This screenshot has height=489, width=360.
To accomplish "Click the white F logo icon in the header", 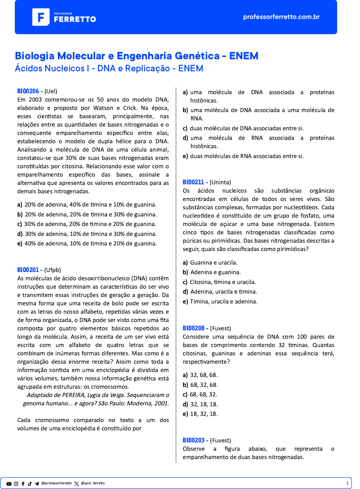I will tap(41, 17).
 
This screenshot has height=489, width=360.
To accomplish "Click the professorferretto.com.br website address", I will tap(281, 17).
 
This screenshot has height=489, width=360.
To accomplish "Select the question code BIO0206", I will tap(28, 91).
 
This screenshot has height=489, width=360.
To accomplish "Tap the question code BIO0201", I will tap(28, 270).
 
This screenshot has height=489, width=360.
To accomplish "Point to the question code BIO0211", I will tap(193, 182).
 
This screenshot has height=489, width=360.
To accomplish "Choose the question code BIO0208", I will tap(194, 328).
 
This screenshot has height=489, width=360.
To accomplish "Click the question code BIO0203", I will tap(194, 440).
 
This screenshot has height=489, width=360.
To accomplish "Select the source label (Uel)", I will tap(51, 91).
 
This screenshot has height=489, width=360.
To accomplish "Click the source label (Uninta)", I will tap(220, 182).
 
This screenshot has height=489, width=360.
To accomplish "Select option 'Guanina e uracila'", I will tap(213, 262).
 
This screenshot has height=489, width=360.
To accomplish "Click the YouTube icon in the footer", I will tap(9, 484).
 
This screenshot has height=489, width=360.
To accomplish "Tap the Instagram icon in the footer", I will tap(16, 484).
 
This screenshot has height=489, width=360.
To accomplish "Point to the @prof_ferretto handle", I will tap(93, 483).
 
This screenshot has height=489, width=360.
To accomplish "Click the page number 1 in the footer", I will tap(347, 483).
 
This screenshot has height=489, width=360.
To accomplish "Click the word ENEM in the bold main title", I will tap(244, 56).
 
